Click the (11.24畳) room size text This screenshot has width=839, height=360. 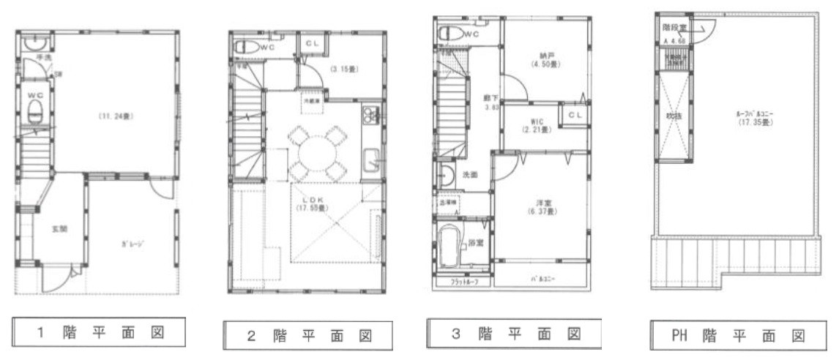point(116,116)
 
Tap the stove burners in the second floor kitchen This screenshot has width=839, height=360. point(368,114)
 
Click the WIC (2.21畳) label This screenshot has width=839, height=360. point(537,125)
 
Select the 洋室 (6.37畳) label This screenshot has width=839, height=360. point(541,207)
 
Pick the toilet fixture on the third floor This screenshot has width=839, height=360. point(450,34)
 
